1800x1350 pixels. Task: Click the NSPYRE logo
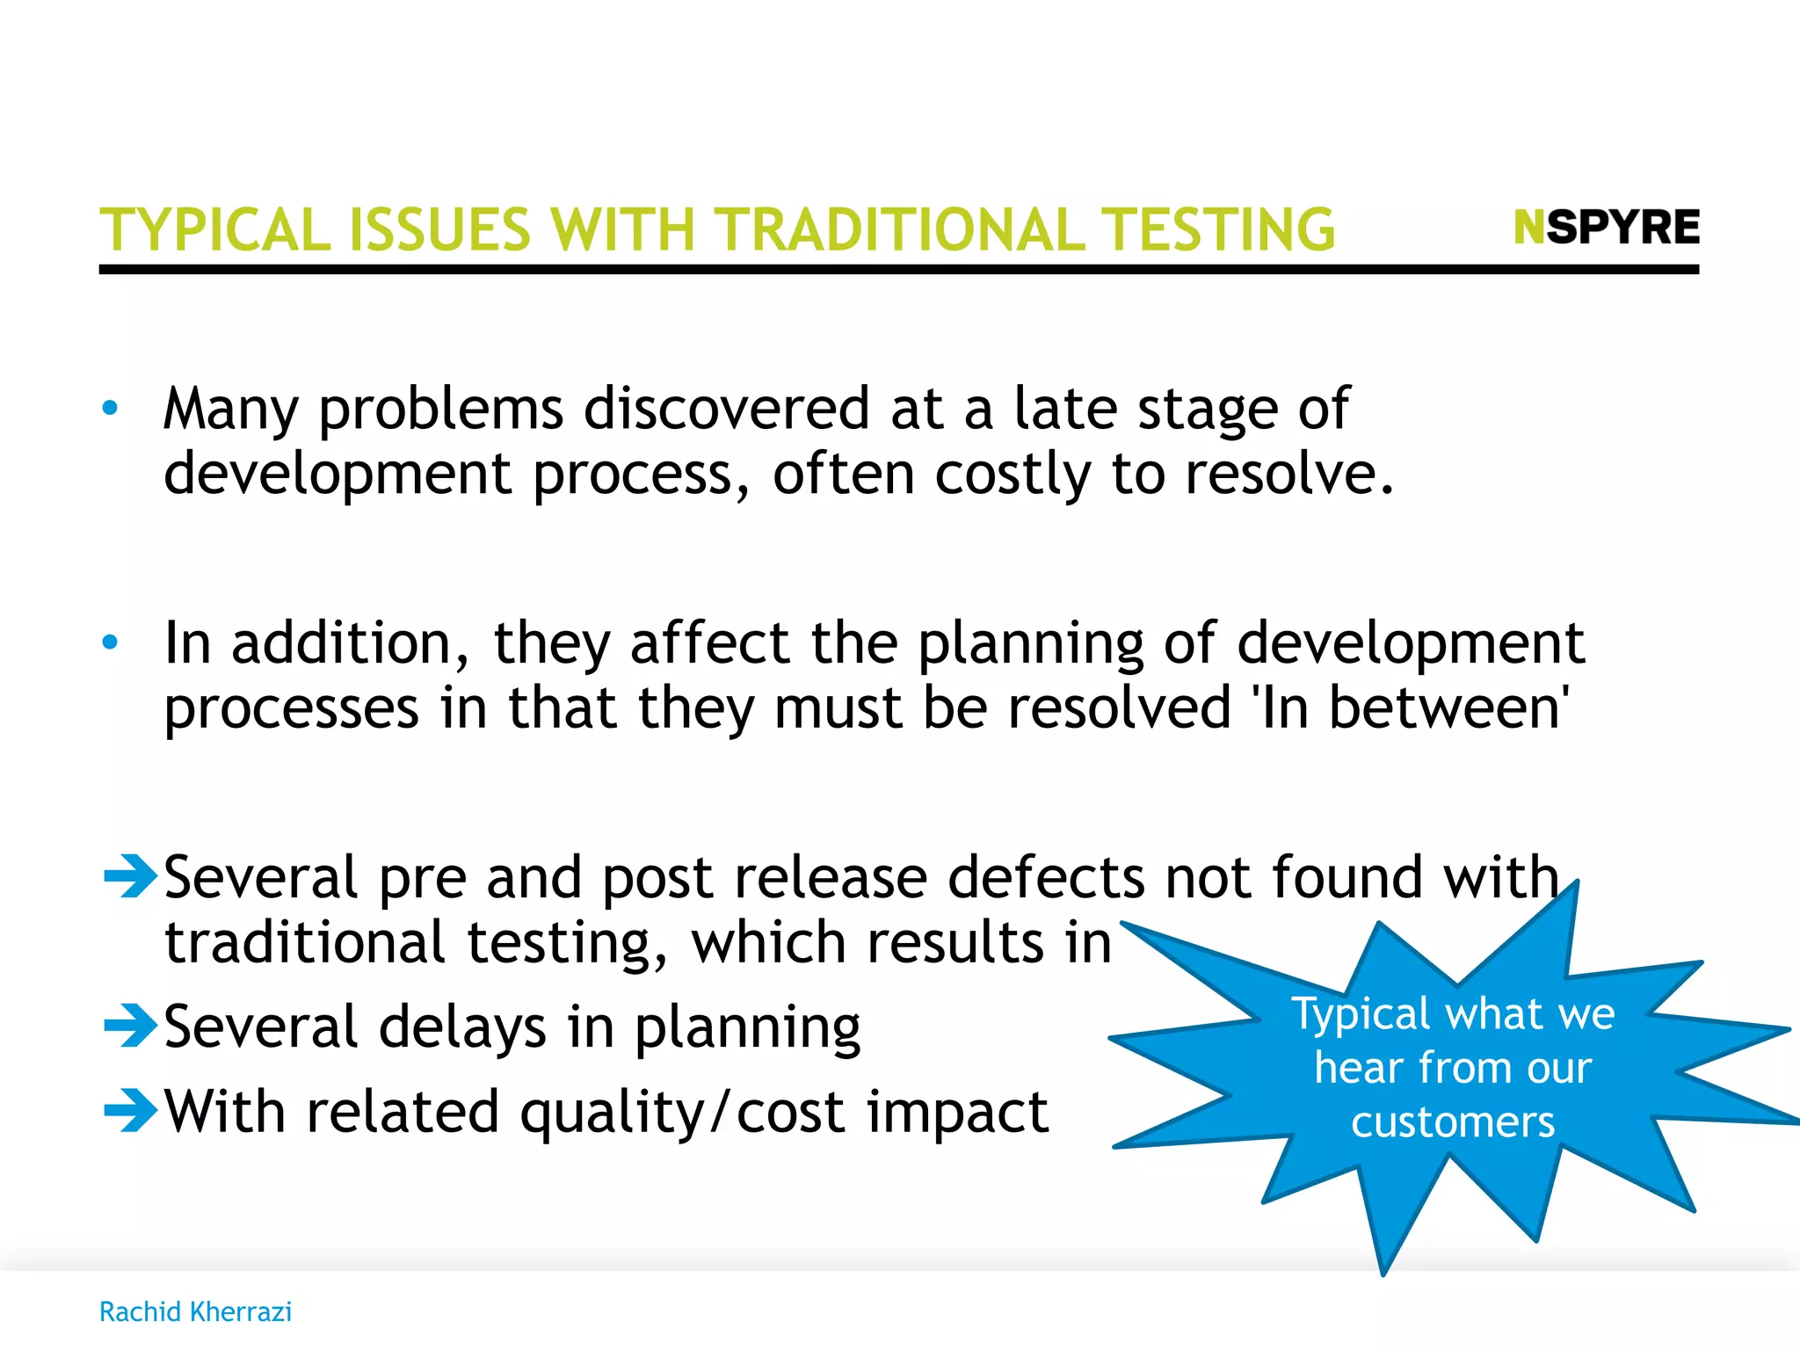tap(1607, 228)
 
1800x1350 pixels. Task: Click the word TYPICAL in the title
tap(215, 230)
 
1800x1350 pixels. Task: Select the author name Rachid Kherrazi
tap(195, 1311)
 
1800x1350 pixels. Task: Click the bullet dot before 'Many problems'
tap(110, 408)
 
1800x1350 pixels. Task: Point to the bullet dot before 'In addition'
tap(110, 642)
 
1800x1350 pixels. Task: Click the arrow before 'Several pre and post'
tap(130, 875)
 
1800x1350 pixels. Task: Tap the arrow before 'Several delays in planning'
tap(130, 1025)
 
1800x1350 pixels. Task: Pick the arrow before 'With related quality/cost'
tap(130, 1110)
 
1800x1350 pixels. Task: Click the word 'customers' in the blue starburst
tap(1453, 1122)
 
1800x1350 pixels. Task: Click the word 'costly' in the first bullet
tap(1012, 475)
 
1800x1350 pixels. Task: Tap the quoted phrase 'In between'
tap(1410, 708)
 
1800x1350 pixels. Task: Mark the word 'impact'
tap(957, 1113)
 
